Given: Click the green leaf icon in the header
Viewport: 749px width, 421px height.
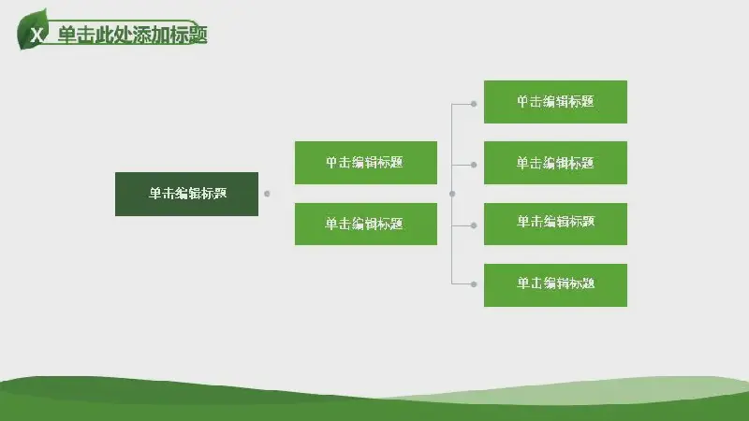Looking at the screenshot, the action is tap(33, 30).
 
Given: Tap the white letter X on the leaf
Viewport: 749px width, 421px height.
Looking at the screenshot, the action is tap(37, 35).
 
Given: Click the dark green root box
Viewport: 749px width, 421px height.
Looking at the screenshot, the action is tap(186, 194).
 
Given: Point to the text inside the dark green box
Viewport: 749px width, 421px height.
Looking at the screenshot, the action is tap(188, 194).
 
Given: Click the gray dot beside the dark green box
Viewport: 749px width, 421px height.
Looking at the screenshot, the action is tap(267, 194).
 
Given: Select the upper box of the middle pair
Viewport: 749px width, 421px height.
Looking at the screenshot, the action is tap(366, 162).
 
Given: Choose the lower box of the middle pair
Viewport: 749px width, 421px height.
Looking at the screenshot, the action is tap(366, 224).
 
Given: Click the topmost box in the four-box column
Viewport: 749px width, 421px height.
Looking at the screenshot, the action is tap(555, 102).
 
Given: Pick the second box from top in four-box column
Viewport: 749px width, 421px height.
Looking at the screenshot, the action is tap(555, 162).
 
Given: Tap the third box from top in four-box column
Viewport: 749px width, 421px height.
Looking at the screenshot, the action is tap(555, 224).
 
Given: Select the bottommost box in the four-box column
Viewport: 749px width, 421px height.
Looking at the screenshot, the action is tap(555, 285).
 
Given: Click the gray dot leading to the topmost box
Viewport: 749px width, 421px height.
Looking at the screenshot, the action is tap(474, 104).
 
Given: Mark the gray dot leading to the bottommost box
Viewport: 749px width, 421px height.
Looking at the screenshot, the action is tap(474, 284).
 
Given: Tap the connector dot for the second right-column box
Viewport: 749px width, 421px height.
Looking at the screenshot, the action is tap(474, 165).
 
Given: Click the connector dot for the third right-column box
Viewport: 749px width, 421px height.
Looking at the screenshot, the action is tap(474, 225).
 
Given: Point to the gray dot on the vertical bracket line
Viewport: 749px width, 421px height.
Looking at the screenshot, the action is tap(452, 194).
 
